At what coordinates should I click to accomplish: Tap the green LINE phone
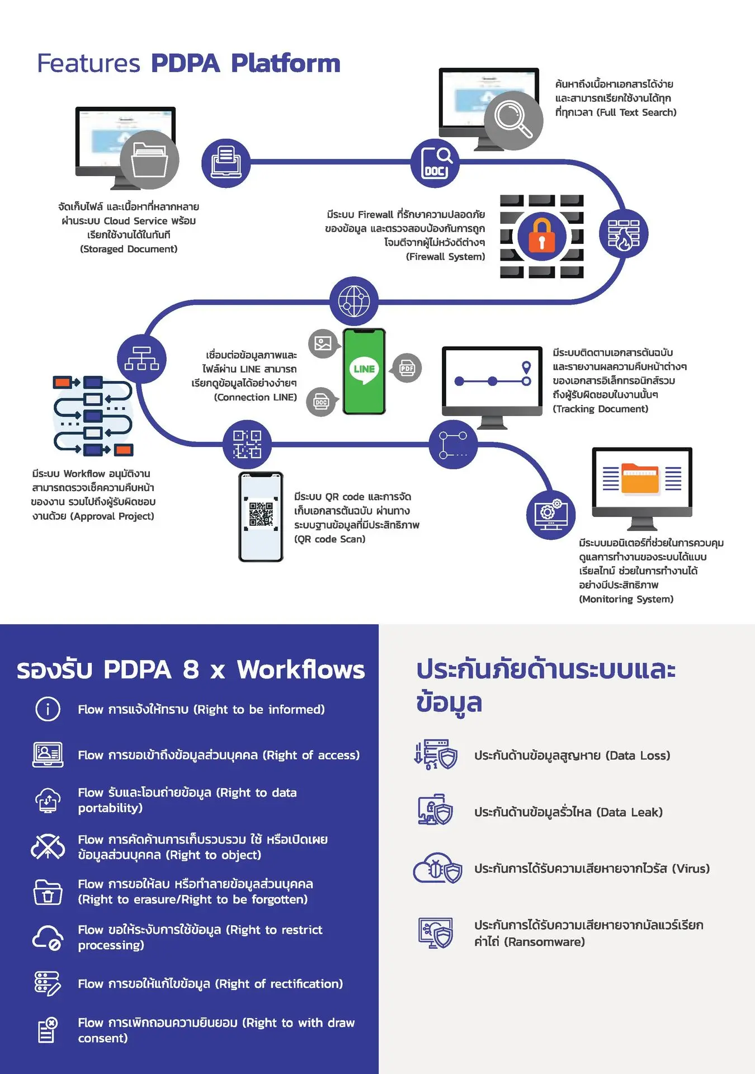(364, 371)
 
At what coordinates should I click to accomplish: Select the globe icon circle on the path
(354, 301)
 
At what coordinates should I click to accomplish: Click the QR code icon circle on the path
(247, 445)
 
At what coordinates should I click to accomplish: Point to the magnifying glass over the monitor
(513, 120)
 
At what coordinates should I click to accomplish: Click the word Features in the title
(88, 63)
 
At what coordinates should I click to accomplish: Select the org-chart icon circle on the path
(141, 359)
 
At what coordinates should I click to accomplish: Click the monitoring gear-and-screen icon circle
(551, 515)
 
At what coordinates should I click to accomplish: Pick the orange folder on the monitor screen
(640, 478)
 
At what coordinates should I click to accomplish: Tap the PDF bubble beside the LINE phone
(407, 368)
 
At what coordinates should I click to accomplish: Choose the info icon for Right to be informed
(48, 709)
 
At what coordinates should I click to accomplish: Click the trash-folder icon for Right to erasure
(48, 892)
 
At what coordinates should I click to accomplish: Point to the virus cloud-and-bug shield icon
(438, 868)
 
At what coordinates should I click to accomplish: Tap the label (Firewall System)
(445, 257)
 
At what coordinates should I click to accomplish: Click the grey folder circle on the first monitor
(149, 160)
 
